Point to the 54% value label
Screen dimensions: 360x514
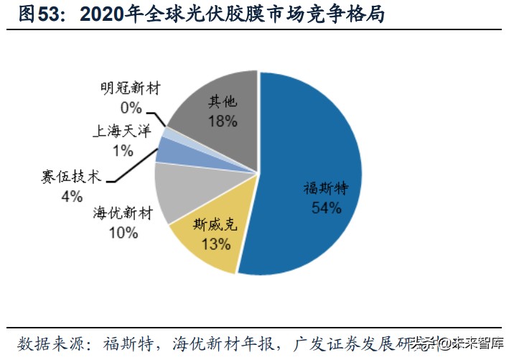(325, 208)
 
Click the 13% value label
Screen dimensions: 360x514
(215, 244)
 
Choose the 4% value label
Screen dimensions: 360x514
(71, 195)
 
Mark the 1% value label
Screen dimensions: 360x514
(122, 150)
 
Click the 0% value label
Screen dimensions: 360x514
(131, 108)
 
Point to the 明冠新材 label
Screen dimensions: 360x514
(131, 89)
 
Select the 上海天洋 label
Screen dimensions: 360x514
(122, 131)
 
